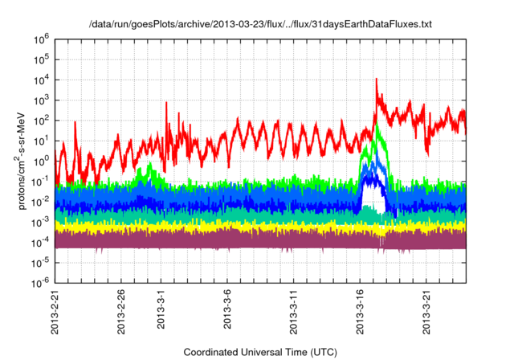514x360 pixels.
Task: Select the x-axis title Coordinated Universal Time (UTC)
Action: (x=259, y=352)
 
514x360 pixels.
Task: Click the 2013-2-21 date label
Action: (x=55, y=312)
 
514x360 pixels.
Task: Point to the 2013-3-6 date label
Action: (x=226, y=310)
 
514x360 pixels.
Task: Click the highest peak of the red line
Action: (x=377, y=79)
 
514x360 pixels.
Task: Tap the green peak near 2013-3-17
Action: (x=377, y=126)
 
